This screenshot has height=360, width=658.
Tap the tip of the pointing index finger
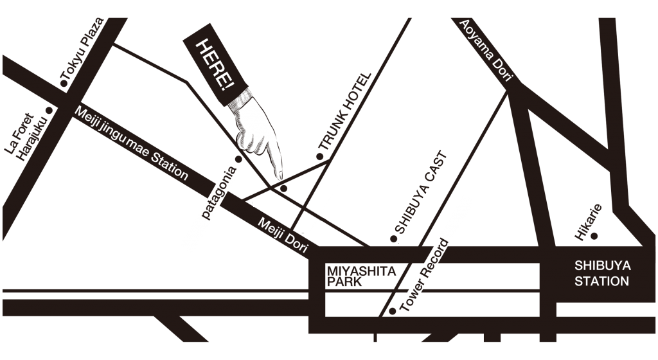(280, 177)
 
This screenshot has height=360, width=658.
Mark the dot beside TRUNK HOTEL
(318, 156)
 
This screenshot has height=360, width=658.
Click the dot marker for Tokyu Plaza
(62, 84)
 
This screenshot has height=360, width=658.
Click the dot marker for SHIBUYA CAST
(394, 239)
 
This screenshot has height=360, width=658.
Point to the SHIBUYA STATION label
(602, 273)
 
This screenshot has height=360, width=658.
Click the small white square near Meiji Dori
(258, 203)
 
